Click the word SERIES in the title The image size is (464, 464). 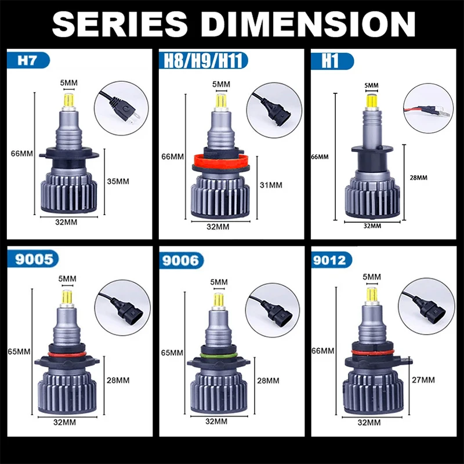(x=120, y=24)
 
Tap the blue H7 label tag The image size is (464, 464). (x=28, y=60)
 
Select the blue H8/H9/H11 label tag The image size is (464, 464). (x=204, y=61)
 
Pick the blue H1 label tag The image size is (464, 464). (x=332, y=61)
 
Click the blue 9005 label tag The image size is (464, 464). (x=33, y=259)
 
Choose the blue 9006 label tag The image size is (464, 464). (x=182, y=260)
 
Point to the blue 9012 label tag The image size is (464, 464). (x=331, y=260)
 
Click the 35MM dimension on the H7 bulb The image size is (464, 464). (x=118, y=181)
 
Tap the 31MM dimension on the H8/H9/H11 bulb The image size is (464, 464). (x=271, y=185)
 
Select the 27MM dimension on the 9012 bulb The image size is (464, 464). (x=423, y=380)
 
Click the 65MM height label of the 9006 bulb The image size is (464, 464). (x=172, y=353)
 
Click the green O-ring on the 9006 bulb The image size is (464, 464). (x=219, y=356)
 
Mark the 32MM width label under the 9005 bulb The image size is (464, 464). (x=64, y=422)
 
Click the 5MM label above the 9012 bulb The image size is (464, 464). (x=372, y=277)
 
